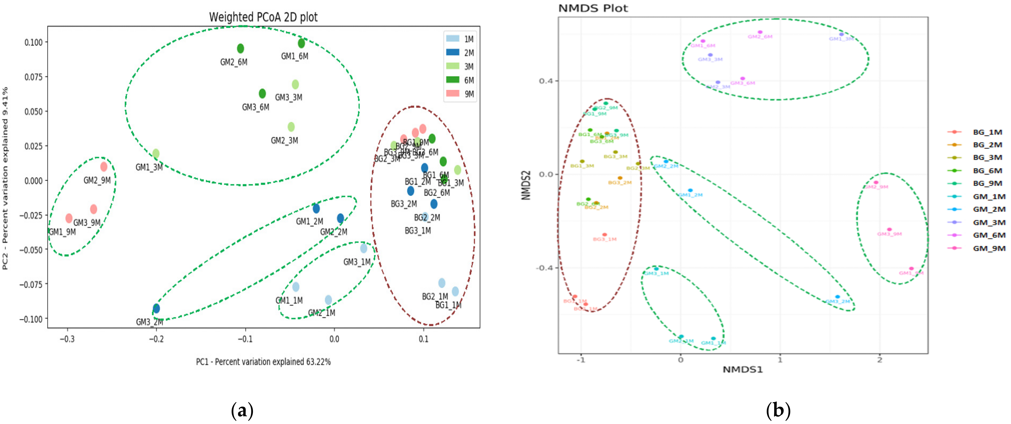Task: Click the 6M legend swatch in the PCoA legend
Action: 453,80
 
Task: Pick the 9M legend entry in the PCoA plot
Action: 460,94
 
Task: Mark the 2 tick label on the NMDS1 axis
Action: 879,360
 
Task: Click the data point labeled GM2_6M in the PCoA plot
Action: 241,49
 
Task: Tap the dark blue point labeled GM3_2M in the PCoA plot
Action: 156,308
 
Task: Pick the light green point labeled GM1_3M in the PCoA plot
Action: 156,153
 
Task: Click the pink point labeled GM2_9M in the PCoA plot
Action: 104,167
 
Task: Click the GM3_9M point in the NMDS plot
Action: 889,229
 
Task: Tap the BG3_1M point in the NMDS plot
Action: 604,235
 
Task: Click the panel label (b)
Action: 778,411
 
